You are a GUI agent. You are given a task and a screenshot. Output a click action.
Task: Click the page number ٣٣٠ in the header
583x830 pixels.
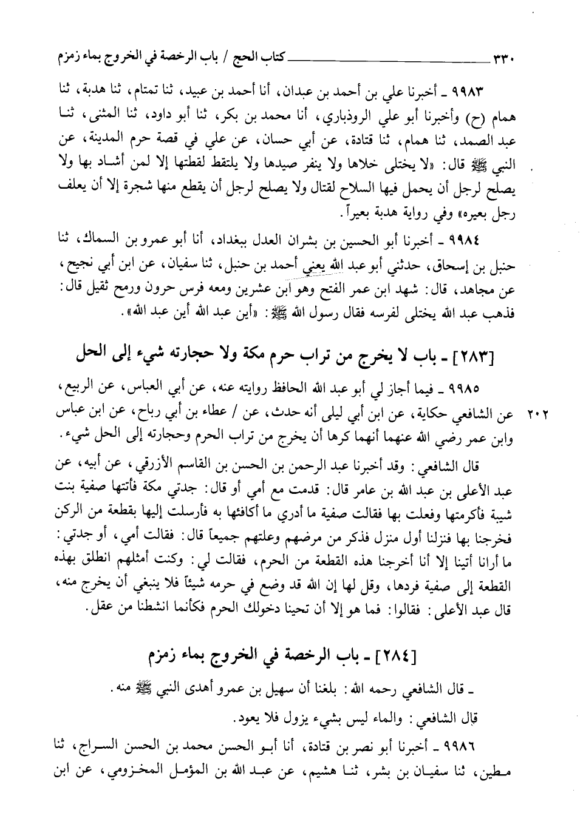pos(503,59)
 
